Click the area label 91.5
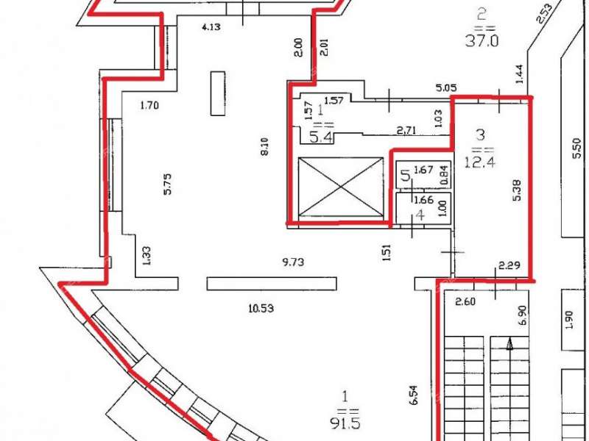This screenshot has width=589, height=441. (x=345, y=423)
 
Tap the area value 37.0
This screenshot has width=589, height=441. (x=482, y=40)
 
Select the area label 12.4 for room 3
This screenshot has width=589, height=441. (x=481, y=162)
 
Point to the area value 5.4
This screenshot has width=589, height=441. (x=321, y=137)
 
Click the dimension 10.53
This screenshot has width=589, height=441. (x=261, y=309)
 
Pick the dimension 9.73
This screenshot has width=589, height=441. (x=293, y=262)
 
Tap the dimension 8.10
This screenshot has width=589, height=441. (x=265, y=146)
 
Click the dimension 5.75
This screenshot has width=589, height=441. (x=167, y=183)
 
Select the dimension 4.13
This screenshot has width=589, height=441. (x=211, y=26)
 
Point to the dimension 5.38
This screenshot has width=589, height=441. (x=517, y=190)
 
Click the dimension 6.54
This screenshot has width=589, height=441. (x=414, y=395)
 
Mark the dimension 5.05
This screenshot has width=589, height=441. (x=446, y=87)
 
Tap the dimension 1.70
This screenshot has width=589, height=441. (x=149, y=105)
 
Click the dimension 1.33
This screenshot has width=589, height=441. (x=147, y=256)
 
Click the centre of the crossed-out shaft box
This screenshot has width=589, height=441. (x=340, y=187)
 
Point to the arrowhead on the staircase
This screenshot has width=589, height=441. (x=509, y=344)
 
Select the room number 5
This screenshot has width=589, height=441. (x=405, y=175)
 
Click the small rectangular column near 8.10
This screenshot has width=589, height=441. (x=218, y=93)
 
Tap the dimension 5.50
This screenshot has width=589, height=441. (x=577, y=148)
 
